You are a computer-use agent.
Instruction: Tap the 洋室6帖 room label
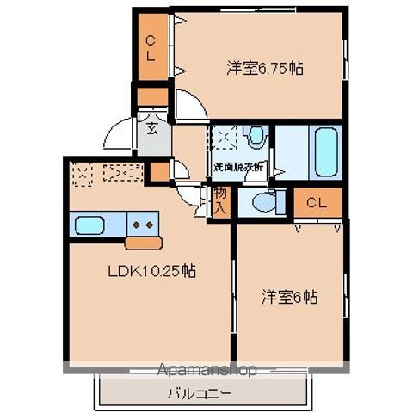tap(290, 298)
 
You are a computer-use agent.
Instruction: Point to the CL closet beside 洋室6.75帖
tap(151, 47)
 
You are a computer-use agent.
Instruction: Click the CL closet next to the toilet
tap(316, 203)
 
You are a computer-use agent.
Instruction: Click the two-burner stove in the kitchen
tap(142, 226)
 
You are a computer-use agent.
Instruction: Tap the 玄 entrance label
tap(151, 131)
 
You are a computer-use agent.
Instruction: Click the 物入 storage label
tap(220, 202)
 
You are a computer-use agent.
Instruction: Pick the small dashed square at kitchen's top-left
tap(83, 175)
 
